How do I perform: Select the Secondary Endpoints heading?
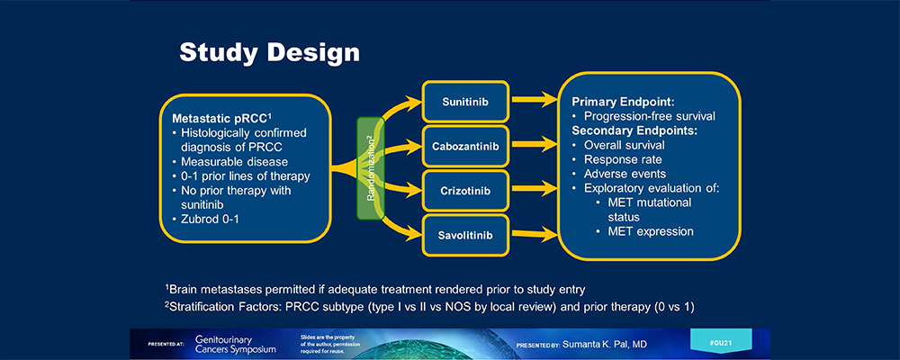point(634,130)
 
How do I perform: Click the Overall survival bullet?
point(626,145)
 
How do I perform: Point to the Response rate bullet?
point(625,159)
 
